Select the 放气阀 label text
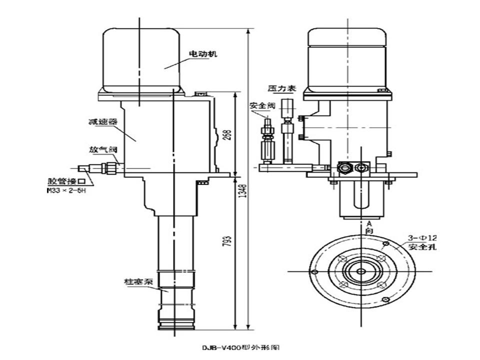[103, 149]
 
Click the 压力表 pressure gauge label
[282, 88]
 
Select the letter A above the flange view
[369, 223]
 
